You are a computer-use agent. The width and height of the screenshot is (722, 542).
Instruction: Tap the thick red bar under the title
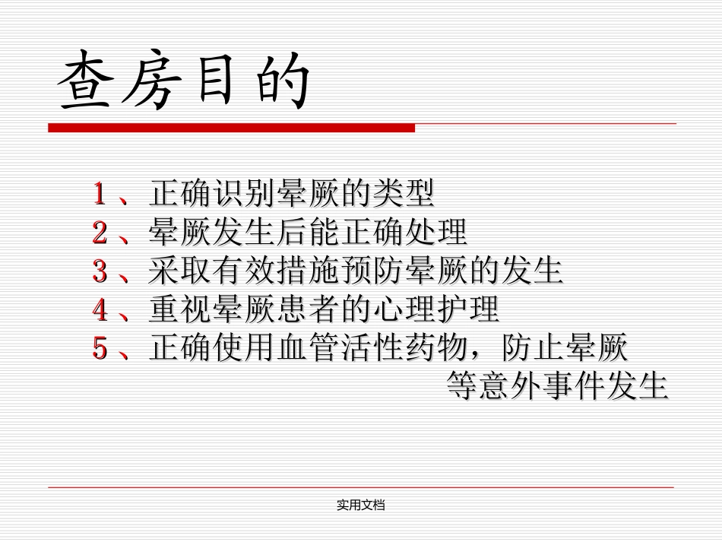click(x=231, y=128)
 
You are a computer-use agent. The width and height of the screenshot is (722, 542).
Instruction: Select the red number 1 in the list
click(x=99, y=194)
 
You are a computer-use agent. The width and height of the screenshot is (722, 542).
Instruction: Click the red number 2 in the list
click(x=99, y=233)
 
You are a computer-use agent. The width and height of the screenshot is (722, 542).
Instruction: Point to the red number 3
click(x=99, y=271)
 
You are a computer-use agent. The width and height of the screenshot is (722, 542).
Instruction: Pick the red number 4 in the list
click(x=99, y=310)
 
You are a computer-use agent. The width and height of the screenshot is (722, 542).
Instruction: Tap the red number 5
click(x=99, y=349)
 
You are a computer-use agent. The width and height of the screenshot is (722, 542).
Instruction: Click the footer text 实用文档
click(x=361, y=505)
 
